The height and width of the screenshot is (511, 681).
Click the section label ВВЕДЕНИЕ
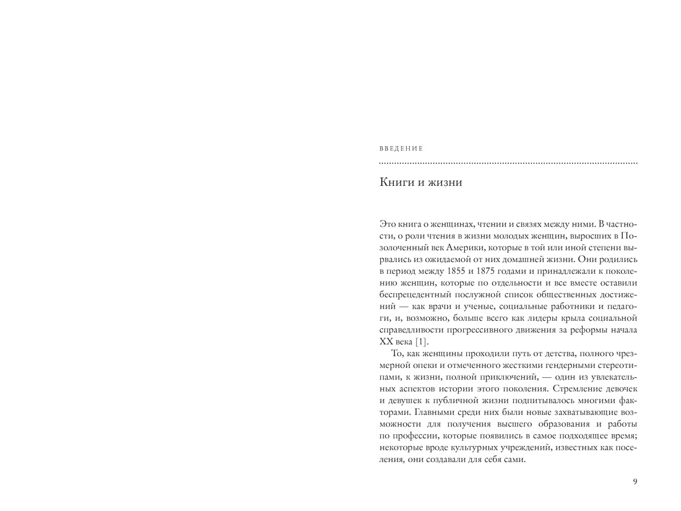(401, 149)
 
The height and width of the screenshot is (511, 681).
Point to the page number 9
(635, 483)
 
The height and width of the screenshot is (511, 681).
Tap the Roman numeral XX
(385, 342)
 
